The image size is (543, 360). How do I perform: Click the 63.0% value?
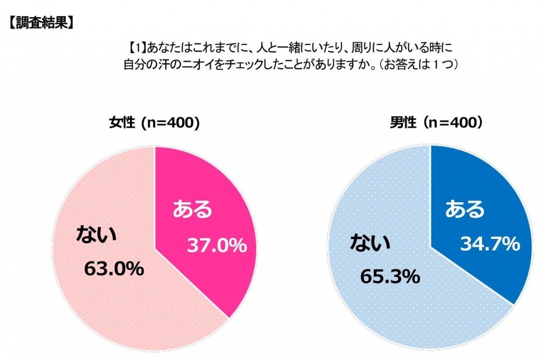[113, 269]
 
